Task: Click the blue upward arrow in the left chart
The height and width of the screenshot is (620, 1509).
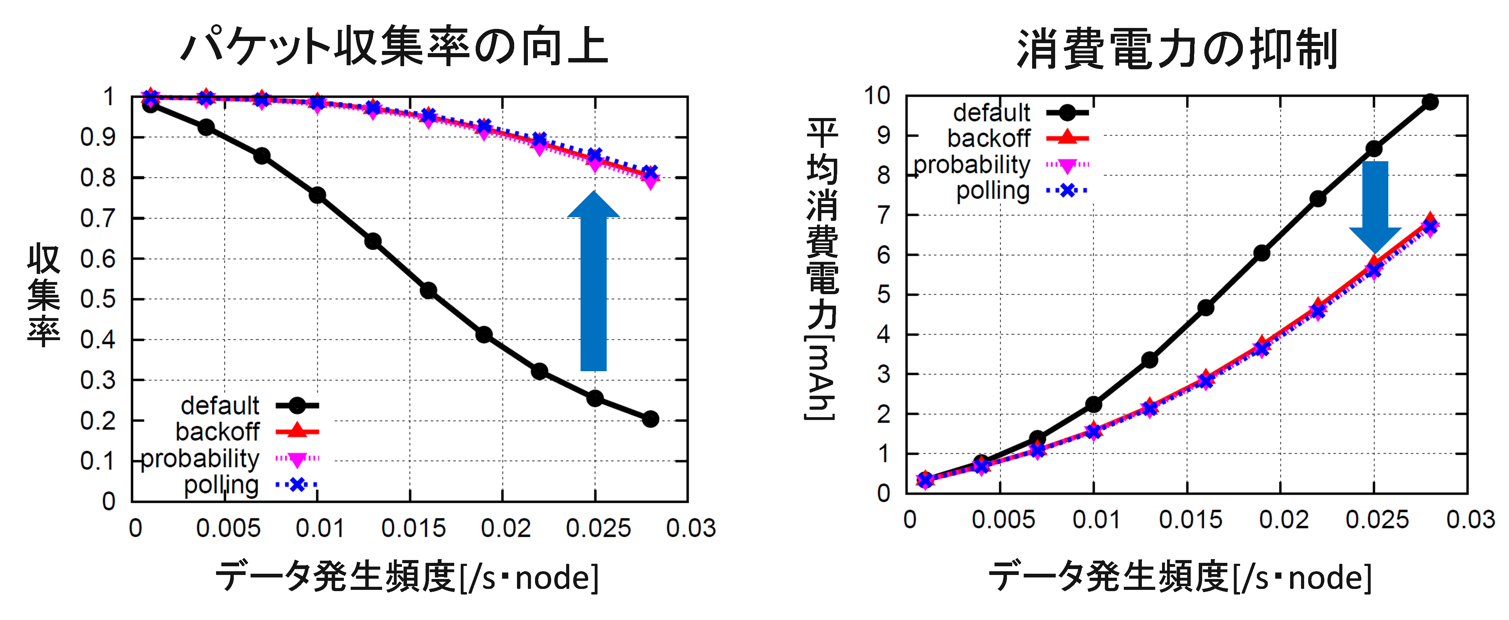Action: pos(593,287)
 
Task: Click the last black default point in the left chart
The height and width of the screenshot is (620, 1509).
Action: pos(650,419)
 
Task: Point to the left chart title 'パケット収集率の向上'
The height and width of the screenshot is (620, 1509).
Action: pos(394,47)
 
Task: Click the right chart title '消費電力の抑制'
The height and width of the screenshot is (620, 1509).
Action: pos(1177,48)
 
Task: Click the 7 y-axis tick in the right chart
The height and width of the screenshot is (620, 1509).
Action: pos(884,215)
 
